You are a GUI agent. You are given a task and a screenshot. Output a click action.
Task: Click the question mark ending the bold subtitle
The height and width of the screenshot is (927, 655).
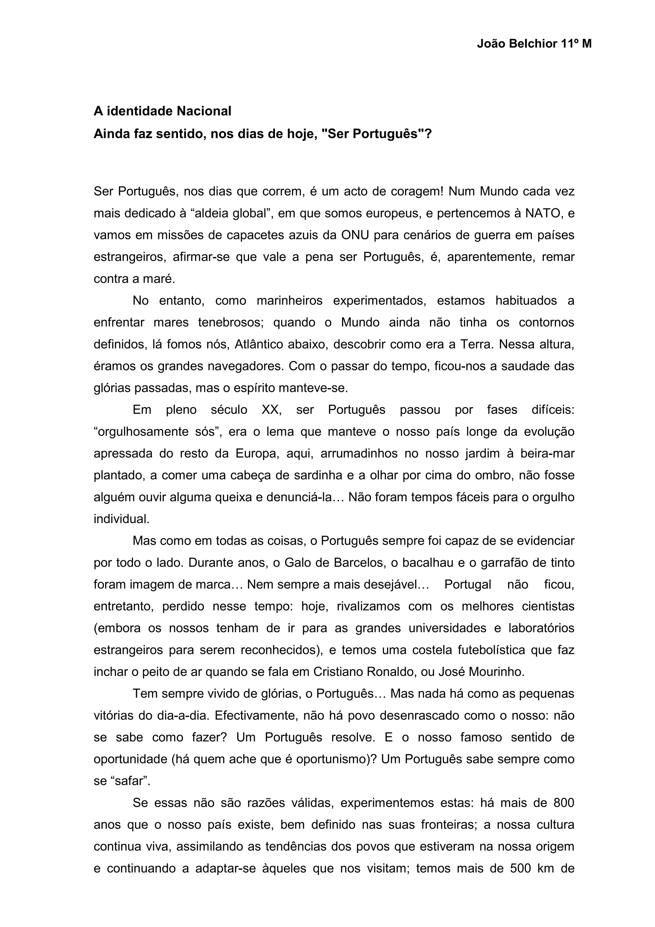428,134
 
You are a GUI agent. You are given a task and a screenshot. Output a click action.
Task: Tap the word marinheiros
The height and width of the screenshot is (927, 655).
289,300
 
